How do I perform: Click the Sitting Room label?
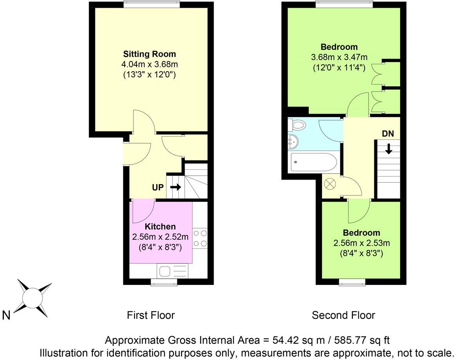[149, 54]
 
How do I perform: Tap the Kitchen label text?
[160, 227]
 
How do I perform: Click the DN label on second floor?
[388, 133]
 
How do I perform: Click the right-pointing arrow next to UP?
[176, 187]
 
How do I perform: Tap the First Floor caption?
[151, 315]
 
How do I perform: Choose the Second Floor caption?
[343, 315]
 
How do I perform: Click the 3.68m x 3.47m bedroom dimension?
[339, 58]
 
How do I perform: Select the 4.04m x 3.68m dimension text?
[149, 64]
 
